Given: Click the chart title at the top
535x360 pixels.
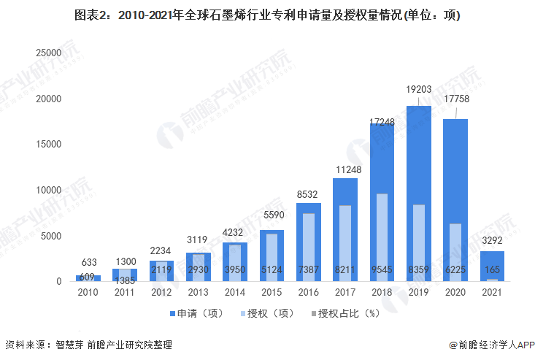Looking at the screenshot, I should tap(267, 15).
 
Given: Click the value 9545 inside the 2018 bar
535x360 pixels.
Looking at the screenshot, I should tap(382, 269).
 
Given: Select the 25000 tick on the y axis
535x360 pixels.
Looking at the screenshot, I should tap(48, 53).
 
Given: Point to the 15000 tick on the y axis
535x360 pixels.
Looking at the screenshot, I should tap(48, 144).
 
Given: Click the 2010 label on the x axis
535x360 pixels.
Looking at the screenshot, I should tap(88, 292).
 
